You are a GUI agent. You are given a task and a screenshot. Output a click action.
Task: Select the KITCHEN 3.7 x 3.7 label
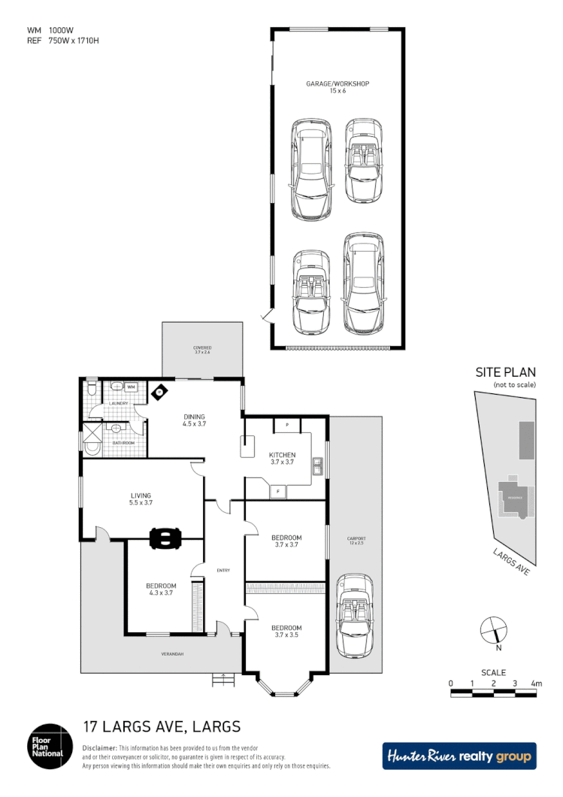click(x=283, y=459)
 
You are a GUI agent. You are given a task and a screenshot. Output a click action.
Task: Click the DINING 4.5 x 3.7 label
click(x=194, y=420)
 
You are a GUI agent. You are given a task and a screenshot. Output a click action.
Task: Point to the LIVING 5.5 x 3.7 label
click(x=141, y=499)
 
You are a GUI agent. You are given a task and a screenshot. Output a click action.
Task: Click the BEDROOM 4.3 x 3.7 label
click(x=161, y=589)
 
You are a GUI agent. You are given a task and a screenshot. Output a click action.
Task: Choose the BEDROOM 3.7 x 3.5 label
click(x=286, y=632)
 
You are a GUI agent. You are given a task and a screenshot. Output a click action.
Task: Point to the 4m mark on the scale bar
click(x=536, y=683)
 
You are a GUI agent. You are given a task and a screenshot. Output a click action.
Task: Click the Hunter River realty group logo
click(x=459, y=756)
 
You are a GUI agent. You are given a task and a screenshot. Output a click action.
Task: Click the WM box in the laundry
click(x=131, y=386)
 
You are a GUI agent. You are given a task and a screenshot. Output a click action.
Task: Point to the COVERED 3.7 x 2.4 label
click(x=203, y=350)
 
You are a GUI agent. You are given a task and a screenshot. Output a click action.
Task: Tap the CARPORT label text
click(x=356, y=540)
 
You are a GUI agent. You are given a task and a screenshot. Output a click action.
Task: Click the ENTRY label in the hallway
click(x=223, y=571)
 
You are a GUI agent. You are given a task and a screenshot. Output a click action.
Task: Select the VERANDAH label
click(x=172, y=654)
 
